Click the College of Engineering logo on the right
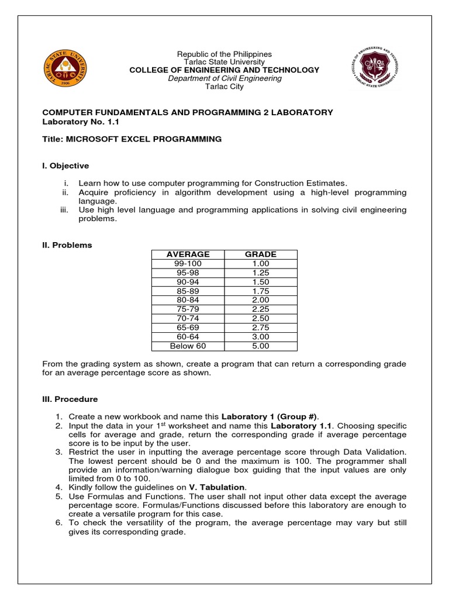coord(377,68)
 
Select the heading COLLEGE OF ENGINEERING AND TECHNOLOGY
coord(224,70)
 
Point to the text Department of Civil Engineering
coord(224,78)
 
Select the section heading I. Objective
coord(65,166)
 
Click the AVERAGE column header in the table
coord(188,254)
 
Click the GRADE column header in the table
coord(261,254)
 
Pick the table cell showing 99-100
coord(188,264)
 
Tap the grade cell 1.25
coord(261,273)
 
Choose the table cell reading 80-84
coord(188,300)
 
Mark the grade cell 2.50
coord(261,318)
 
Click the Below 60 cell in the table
coord(188,346)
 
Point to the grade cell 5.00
coord(261,346)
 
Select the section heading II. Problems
coord(67,245)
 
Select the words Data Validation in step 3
coord(379,452)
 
